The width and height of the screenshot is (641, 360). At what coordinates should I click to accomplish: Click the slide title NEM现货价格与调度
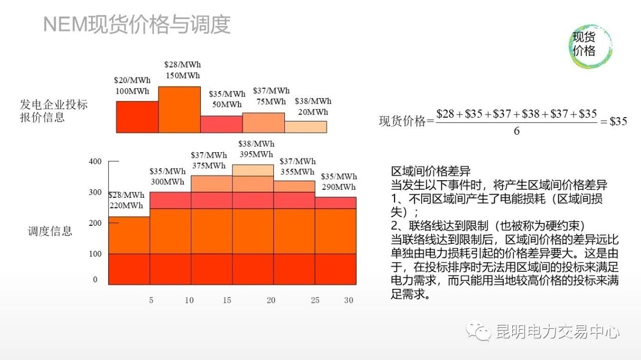tap(137, 25)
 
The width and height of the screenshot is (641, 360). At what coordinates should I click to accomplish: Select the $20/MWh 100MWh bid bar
tap(137, 117)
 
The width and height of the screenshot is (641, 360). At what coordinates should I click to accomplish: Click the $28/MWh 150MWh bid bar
tap(179, 109)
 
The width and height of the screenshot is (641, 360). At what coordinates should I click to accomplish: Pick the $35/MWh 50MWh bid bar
tap(221, 124)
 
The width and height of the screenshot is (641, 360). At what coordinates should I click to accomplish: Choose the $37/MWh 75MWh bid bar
tap(263, 123)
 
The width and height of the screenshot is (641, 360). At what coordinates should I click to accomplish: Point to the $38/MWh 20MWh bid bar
tap(305, 127)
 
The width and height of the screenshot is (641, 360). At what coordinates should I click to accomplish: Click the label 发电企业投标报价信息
tap(54, 111)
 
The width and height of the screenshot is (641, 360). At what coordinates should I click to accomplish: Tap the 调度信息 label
tap(50, 231)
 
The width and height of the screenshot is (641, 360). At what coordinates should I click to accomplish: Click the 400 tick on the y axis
tap(95, 161)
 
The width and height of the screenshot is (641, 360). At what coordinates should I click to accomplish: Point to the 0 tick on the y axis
tap(95, 280)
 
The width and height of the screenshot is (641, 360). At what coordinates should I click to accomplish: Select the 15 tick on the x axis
tap(227, 300)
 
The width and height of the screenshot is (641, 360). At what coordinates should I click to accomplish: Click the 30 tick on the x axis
tap(349, 300)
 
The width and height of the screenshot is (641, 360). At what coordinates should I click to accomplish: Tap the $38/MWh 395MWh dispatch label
tap(256, 149)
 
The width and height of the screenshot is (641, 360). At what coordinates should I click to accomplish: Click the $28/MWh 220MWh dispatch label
tap(126, 200)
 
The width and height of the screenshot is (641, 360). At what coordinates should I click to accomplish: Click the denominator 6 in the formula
tap(517, 131)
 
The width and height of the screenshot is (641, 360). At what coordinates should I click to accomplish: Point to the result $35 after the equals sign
tap(618, 121)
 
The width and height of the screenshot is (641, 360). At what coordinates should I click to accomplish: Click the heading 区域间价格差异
tap(431, 172)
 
